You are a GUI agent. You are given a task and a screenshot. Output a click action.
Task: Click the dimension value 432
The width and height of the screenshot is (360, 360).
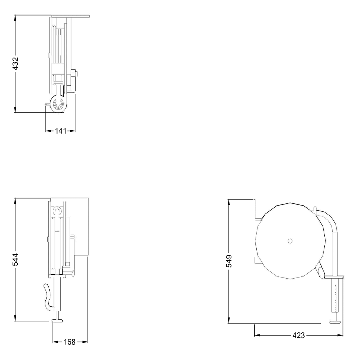(x=15, y=64)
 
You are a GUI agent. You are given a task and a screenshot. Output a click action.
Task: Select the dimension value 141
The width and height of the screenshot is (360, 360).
(x=60, y=131)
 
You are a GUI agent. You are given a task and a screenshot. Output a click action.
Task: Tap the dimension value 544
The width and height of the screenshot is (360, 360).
(x=15, y=260)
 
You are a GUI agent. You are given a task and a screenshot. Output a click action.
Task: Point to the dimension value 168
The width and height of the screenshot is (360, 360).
(x=69, y=342)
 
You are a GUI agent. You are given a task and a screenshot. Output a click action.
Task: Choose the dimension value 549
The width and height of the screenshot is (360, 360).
(x=229, y=261)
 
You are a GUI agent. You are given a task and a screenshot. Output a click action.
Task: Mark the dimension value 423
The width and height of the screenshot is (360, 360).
(x=298, y=336)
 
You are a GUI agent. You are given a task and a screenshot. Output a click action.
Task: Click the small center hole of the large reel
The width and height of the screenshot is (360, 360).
(x=290, y=241)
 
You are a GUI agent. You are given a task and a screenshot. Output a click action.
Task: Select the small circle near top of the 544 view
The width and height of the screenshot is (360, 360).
(x=57, y=210)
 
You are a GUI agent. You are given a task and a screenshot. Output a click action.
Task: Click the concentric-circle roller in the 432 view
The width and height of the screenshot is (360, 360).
(x=57, y=104)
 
